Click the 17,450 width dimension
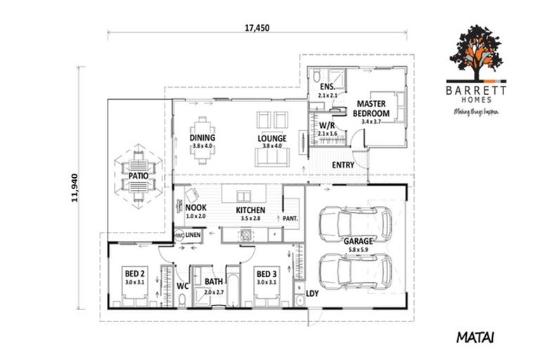pyautogui.click(x=257, y=28)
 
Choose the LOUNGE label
pyautogui.click(x=272, y=139)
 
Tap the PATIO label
pyautogui.click(x=127, y=176)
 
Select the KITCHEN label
pyautogui.click(x=250, y=210)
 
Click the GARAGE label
pyautogui.click(x=357, y=240)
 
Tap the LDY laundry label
pyautogui.click(x=313, y=293)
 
